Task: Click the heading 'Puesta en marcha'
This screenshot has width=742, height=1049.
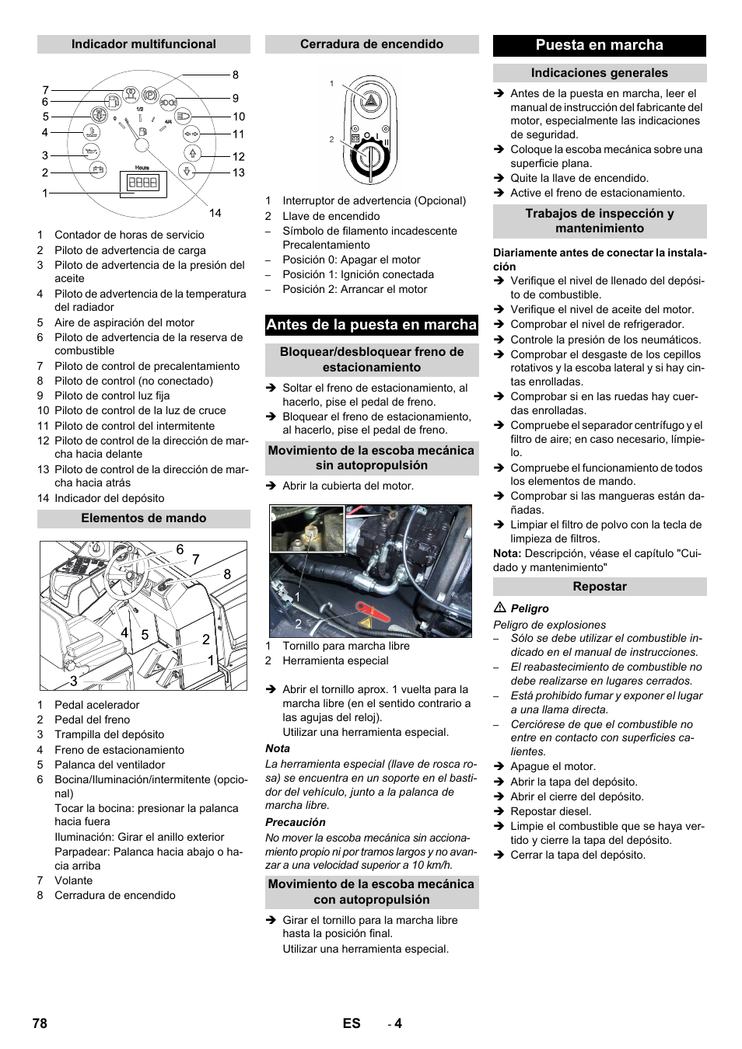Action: coord(599,45)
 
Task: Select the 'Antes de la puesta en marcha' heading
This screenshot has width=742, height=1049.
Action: coord(371,325)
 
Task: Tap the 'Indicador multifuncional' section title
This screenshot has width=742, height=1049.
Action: coord(144,44)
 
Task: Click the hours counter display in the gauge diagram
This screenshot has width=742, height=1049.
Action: coord(143,183)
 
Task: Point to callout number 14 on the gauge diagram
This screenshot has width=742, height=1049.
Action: coord(215,213)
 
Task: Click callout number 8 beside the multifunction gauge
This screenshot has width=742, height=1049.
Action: coord(236,75)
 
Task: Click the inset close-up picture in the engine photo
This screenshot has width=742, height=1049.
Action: coord(307,528)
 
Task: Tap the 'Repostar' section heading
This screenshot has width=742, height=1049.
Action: coord(599,587)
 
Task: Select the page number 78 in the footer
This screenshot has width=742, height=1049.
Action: coord(40,1023)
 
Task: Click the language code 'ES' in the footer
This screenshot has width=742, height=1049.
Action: coord(352,1023)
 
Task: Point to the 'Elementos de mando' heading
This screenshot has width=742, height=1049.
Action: coord(144,518)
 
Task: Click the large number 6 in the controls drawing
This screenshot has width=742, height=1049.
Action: coord(180,549)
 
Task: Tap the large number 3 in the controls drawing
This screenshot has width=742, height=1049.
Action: coord(73,681)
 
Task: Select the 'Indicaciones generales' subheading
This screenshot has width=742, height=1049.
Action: coord(599,73)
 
